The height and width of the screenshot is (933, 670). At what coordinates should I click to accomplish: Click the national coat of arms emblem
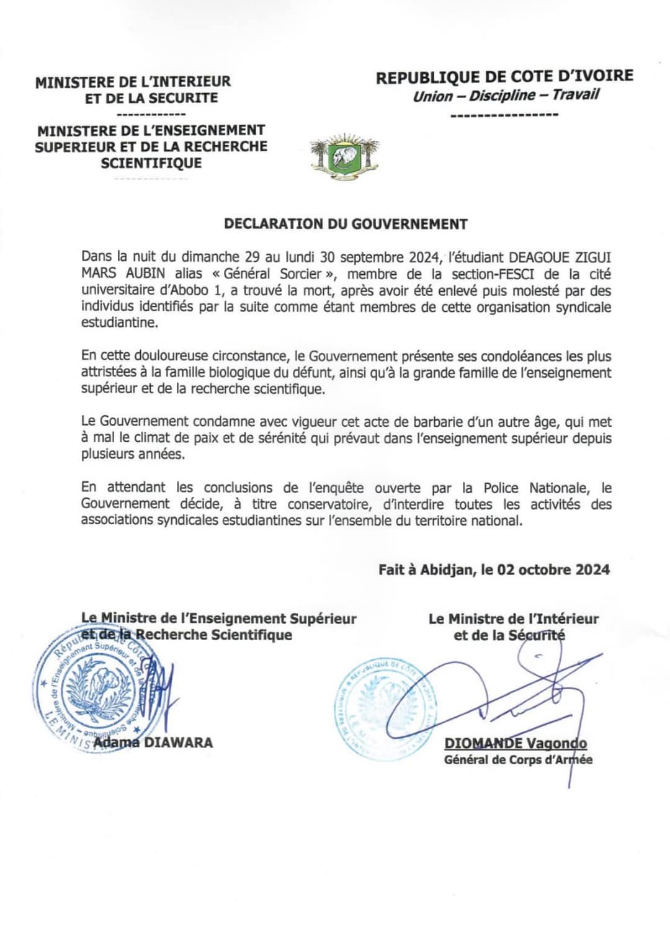tap(344, 157)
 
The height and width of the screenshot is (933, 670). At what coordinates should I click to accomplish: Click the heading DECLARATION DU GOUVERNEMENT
tap(346, 224)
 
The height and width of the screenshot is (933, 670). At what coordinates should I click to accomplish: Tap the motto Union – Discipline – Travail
tap(506, 96)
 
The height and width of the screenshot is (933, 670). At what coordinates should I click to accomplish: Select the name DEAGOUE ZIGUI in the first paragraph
tap(560, 257)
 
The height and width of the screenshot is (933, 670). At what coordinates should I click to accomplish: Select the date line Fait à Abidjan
tap(494, 569)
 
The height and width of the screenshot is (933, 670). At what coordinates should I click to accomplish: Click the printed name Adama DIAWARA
tap(153, 743)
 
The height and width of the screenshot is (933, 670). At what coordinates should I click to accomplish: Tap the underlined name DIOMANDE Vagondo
tap(515, 743)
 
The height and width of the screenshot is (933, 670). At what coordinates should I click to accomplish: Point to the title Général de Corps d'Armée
tap(518, 760)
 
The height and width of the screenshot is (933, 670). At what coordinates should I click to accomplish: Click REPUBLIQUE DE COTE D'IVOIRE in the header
tap(504, 77)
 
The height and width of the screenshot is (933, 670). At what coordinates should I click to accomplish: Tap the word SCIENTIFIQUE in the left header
tap(151, 163)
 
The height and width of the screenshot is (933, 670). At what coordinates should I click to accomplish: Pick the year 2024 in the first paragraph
tap(424, 257)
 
